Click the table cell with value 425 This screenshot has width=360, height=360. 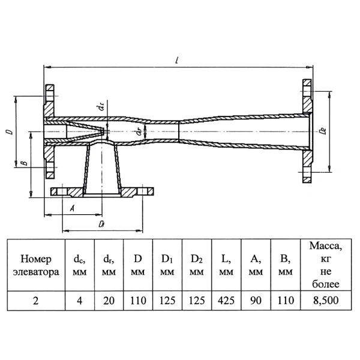pyautogui.click(x=226, y=301)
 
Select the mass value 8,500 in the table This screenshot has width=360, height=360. pyautogui.click(x=326, y=301)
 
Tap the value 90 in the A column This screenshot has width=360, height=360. pyautogui.click(x=256, y=301)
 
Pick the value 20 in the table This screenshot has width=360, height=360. pyautogui.click(x=109, y=301)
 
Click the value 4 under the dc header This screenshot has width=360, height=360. pyautogui.click(x=79, y=301)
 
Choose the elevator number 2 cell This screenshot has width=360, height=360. pyautogui.click(x=36, y=301)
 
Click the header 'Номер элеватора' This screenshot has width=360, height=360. pyautogui.click(x=36, y=265)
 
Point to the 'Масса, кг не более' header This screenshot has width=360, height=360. pyautogui.click(x=326, y=265)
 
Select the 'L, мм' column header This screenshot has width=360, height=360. pyautogui.click(x=226, y=265)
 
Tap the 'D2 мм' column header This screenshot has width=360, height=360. pyautogui.click(x=197, y=265)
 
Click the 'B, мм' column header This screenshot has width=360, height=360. pyautogui.click(x=286, y=265)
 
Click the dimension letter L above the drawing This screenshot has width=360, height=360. pyautogui.click(x=177, y=60)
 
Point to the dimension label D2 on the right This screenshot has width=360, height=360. pyautogui.click(x=323, y=131)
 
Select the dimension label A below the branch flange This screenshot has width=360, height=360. pyautogui.click(x=73, y=208)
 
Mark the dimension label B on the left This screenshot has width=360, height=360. pyautogui.click(x=24, y=163)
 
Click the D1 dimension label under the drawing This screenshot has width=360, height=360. pyautogui.click(x=101, y=224)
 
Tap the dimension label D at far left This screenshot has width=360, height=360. pyautogui.click(x=10, y=131)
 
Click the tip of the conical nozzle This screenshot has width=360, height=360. pyautogui.click(x=104, y=131)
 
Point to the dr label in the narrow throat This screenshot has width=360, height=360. pyautogui.click(x=139, y=131)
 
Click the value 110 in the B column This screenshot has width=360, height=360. pyautogui.click(x=286, y=301)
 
